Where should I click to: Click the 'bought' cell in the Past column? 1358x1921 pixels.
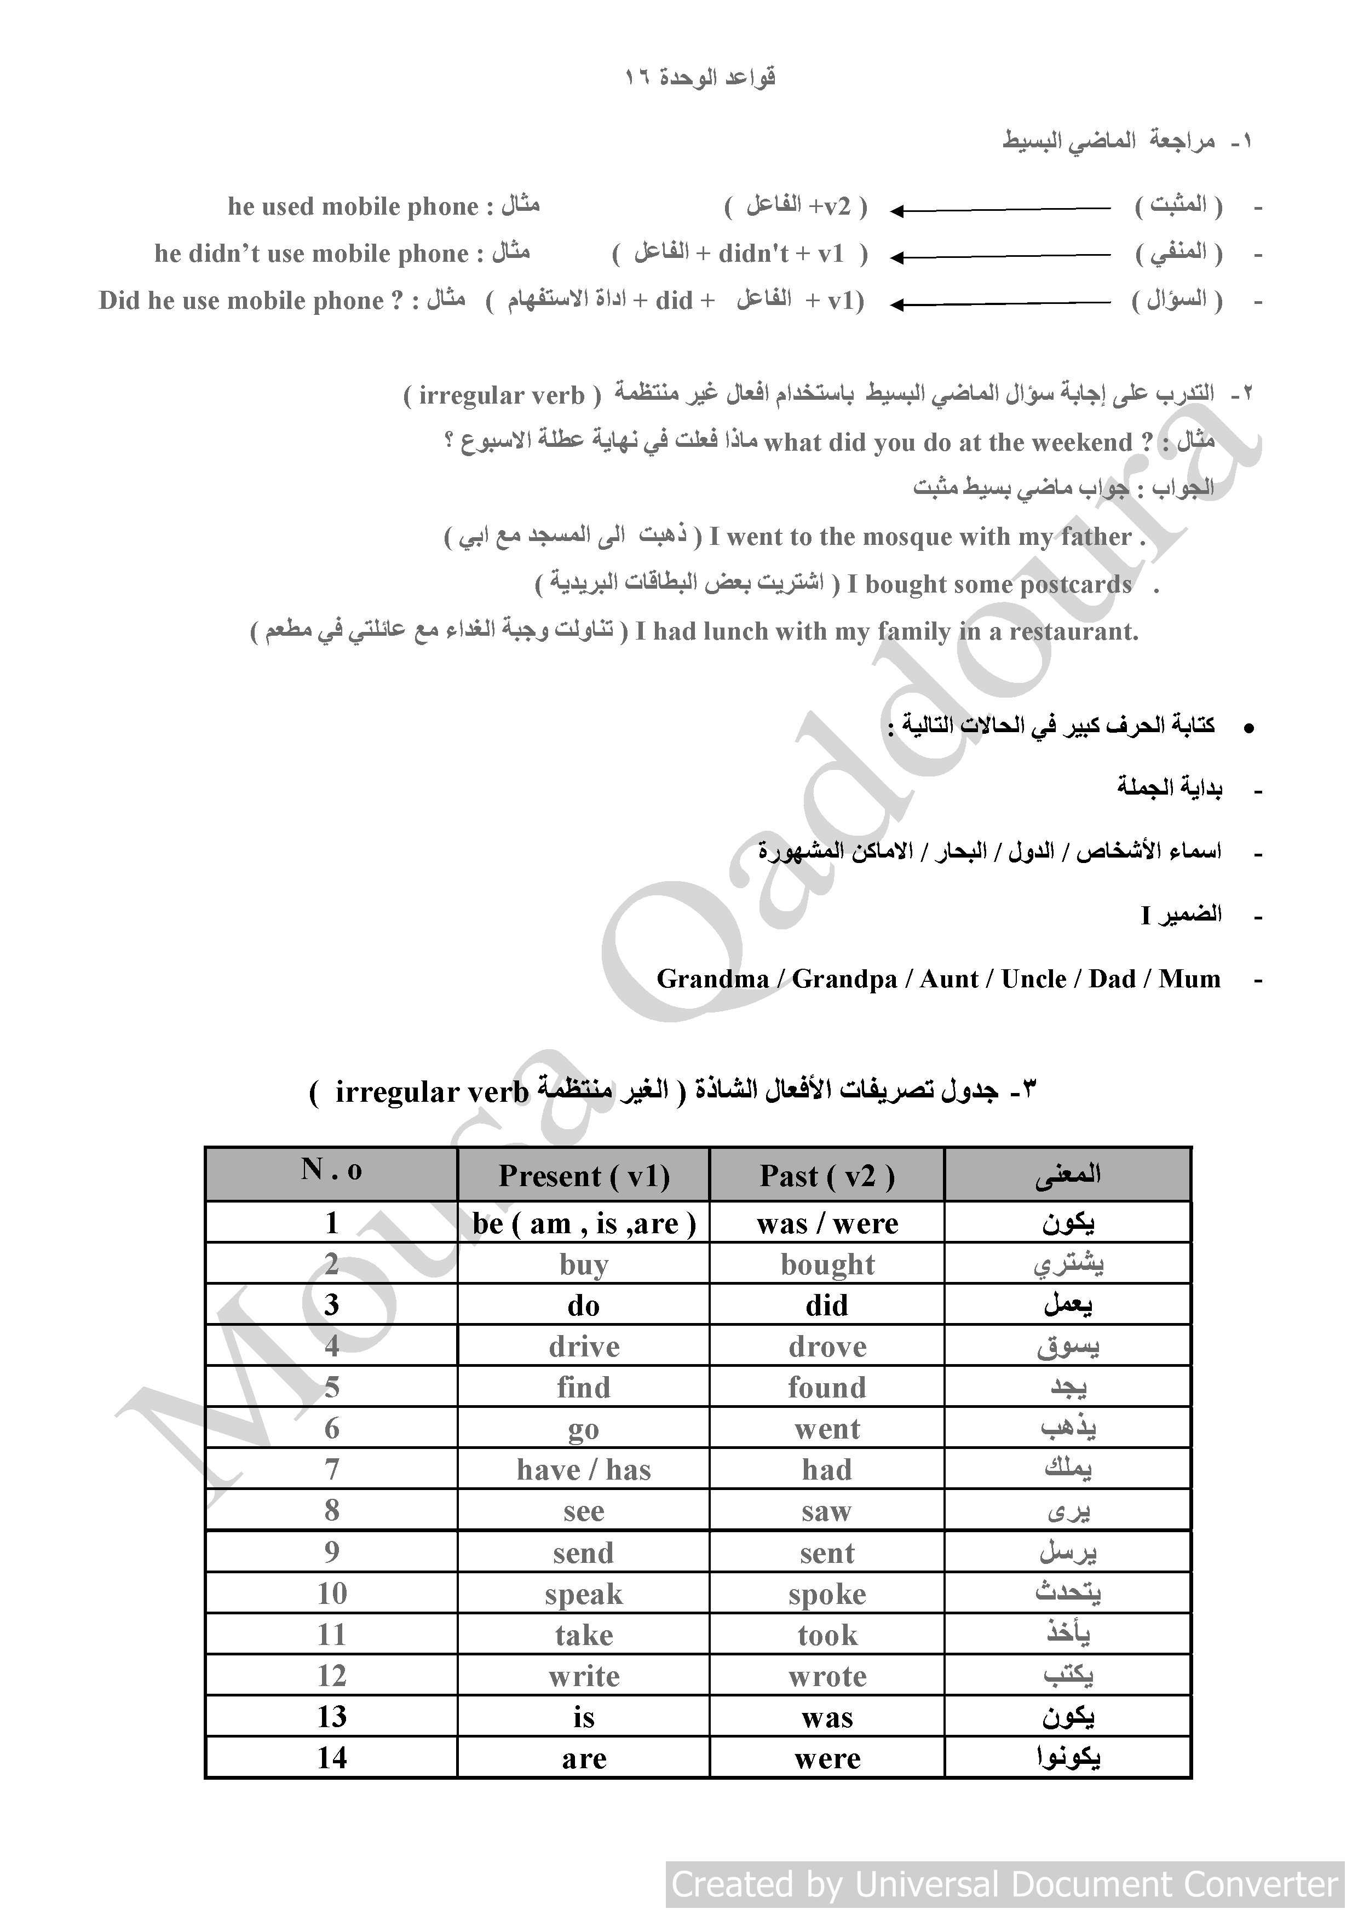pyautogui.click(x=827, y=1265)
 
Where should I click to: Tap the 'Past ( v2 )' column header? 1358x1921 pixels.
pyautogui.click(x=827, y=1176)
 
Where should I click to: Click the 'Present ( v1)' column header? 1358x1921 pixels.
pyautogui.click(x=583, y=1176)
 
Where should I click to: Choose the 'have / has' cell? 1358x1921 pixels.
pyautogui.click(x=583, y=1470)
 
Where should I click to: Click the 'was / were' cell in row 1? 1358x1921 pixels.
pyautogui.click(x=827, y=1224)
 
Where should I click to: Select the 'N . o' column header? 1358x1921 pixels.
pyautogui.click(x=331, y=1170)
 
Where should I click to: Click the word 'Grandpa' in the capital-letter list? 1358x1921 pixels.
pyautogui.click(x=844, y=980)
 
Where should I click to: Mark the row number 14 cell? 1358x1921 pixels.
pyautogui.click(x=331, y=1758)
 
